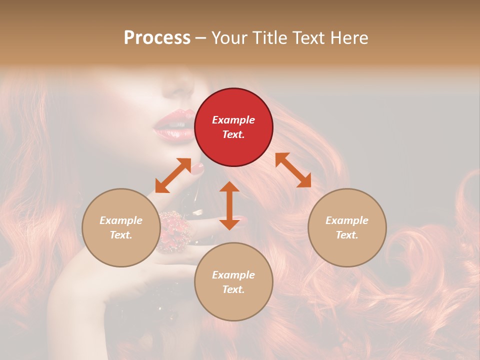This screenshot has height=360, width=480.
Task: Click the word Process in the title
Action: coord(157,37)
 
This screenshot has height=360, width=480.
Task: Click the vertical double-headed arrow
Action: coord(229,205)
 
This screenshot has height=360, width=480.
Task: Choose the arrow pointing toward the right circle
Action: coord(293,170)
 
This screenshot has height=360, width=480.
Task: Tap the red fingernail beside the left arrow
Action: coord(198,169)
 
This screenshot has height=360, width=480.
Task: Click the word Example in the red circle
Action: coord(233,120)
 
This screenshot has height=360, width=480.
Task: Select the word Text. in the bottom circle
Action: coord(233,289)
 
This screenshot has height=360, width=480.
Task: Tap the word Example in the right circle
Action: coord(347,220)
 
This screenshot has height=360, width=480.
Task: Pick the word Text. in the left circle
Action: coord(121,235)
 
